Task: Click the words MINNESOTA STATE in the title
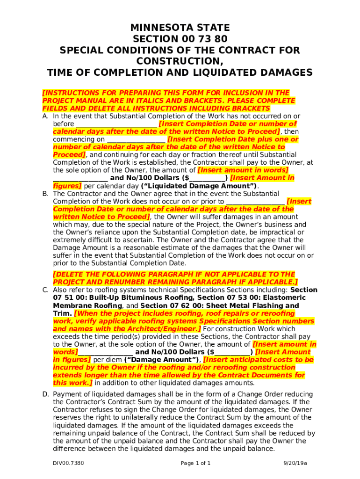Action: click(x=180, y=28)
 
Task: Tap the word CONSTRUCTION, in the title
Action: click(x=180, y=61)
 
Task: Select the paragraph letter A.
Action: click(x=45, y=116)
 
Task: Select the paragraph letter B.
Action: click(x=45, y=194)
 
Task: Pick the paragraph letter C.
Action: click(x=45, y=290)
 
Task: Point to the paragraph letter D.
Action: click(x=45, y=394)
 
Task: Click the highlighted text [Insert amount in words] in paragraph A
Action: click(x=243, y=170)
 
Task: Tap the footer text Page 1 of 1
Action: click(x=195, y=464)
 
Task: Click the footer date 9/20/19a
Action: click(x=295, y=464)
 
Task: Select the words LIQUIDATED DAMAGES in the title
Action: click(x=247, y=73)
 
